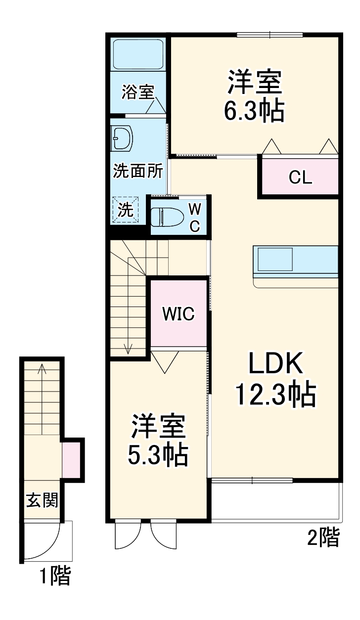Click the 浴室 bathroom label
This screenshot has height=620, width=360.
138,92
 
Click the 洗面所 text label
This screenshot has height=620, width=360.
138,171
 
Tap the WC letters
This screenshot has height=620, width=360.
195,217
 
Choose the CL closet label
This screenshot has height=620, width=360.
301,178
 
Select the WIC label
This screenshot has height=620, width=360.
179,313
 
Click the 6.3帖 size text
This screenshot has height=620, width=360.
254,112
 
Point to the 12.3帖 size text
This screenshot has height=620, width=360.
275,394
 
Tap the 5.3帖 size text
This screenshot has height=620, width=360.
158,455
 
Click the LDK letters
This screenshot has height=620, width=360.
275,364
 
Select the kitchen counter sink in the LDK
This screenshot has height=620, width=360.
275,260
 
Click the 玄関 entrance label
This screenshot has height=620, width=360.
42,500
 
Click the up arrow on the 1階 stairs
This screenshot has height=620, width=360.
42,368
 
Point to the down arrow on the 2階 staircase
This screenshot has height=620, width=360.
129,348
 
